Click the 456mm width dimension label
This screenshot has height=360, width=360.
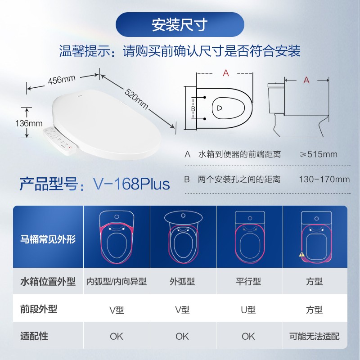[x=62, y=80]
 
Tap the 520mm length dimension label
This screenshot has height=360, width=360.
[x=137, y=99]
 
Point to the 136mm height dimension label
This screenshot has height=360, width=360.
[x=29, y=123]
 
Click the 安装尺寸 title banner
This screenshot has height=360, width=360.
[x=180, y=25]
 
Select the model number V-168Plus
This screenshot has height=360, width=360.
[x=131, y=184]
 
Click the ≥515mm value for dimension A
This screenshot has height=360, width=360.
[x=319, y=154]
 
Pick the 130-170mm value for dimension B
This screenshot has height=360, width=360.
[x=324, y=179]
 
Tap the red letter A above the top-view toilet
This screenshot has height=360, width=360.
[x=226, y=73]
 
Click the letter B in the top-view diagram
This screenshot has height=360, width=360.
[x=193, y=108]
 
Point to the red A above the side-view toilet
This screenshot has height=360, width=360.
[x=306, y=80]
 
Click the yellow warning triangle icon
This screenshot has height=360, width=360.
[x=301, y=254]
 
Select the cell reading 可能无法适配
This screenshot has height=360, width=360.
[x=314, y=336]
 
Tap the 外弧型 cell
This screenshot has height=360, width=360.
[x=182, y=281]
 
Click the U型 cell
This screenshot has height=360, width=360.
[x=248, y=310]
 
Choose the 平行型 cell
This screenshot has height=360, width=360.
[x=248, y=281]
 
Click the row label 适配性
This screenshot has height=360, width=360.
[x=34, y=336]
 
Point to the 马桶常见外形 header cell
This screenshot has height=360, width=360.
[x=48, y=239]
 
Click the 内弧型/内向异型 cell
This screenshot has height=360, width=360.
[x=117, y=281]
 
